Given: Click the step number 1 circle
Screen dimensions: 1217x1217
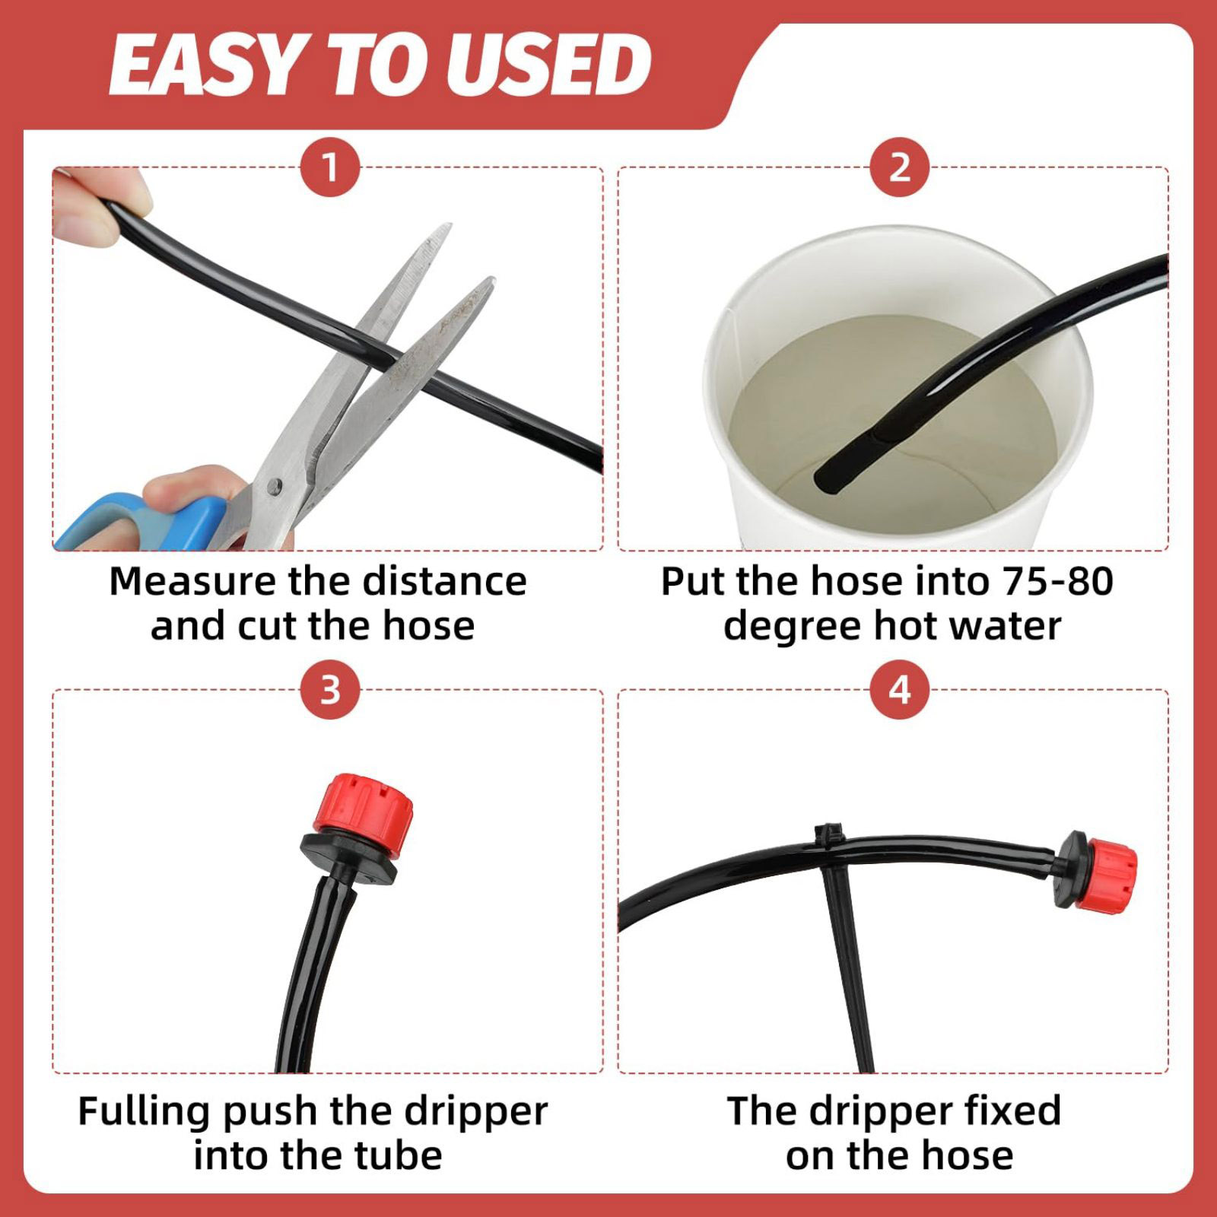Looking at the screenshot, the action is tap(330, 167).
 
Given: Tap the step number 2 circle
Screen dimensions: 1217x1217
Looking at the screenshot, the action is tap(900, 167).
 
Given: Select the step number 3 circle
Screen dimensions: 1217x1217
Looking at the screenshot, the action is tap(330, 691).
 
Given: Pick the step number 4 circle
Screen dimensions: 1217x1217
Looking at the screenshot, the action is tap(900, 691).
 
